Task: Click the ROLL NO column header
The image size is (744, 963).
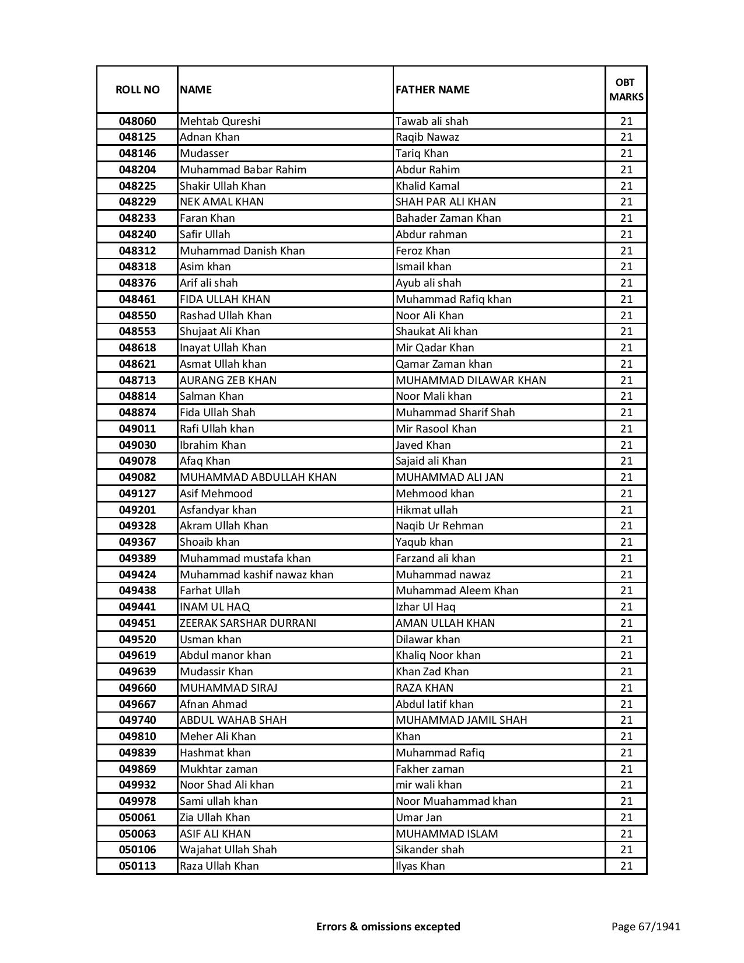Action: pos(137,89)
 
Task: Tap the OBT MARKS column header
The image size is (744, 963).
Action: pos(626,89)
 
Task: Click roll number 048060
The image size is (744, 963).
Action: pos(137,121)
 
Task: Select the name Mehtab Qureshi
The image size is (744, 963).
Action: pos(220,121)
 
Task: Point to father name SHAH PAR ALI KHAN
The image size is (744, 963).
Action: pos(445,202)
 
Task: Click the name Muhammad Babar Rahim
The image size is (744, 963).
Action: pos(243,170)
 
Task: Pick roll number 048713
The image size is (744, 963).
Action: pos(137,381)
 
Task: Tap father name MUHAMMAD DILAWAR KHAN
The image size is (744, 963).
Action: pos(470,381)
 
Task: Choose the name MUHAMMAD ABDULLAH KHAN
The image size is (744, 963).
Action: pos(258,477)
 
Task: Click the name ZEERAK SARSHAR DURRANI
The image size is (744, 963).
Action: pos(247,623)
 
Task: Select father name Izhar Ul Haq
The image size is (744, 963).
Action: pos(425,607)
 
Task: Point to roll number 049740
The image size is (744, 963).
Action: pos(137,720)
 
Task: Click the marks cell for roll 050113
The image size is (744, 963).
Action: pos(626,866)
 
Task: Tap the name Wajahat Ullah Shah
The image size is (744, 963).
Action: pos(228,850)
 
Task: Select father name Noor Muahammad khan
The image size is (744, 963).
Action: pos(456,801)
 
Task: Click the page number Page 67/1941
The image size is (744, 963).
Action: pos(645,926)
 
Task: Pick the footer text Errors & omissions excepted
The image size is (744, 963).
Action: pos(388,926)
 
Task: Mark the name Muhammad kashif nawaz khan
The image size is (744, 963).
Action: pos(256,575)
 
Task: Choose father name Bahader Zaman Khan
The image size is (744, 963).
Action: pos(448,218)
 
